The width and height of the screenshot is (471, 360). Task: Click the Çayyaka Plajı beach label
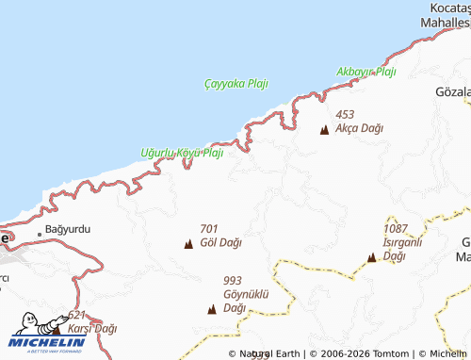click(235, 83)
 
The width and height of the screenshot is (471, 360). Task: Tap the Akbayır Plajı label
click(366, 72)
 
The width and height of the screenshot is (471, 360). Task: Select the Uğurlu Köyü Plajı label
click(181, 153)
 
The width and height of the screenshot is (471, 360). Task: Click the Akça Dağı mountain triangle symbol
click(325, 129)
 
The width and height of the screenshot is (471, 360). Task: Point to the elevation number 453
click(345, 114)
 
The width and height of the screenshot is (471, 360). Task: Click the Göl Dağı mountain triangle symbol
click(187, 244)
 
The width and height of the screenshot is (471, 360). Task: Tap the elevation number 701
click(209, 228)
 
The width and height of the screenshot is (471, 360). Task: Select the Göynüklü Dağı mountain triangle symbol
click(211, 309)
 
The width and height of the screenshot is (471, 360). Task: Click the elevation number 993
click(233, 281)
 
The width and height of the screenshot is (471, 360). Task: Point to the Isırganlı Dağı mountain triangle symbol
click(371, 256)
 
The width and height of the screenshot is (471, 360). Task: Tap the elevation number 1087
click(397, 229)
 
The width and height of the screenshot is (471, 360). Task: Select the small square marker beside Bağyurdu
click(40, 231)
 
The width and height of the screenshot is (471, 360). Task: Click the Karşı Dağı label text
click(92, 328)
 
